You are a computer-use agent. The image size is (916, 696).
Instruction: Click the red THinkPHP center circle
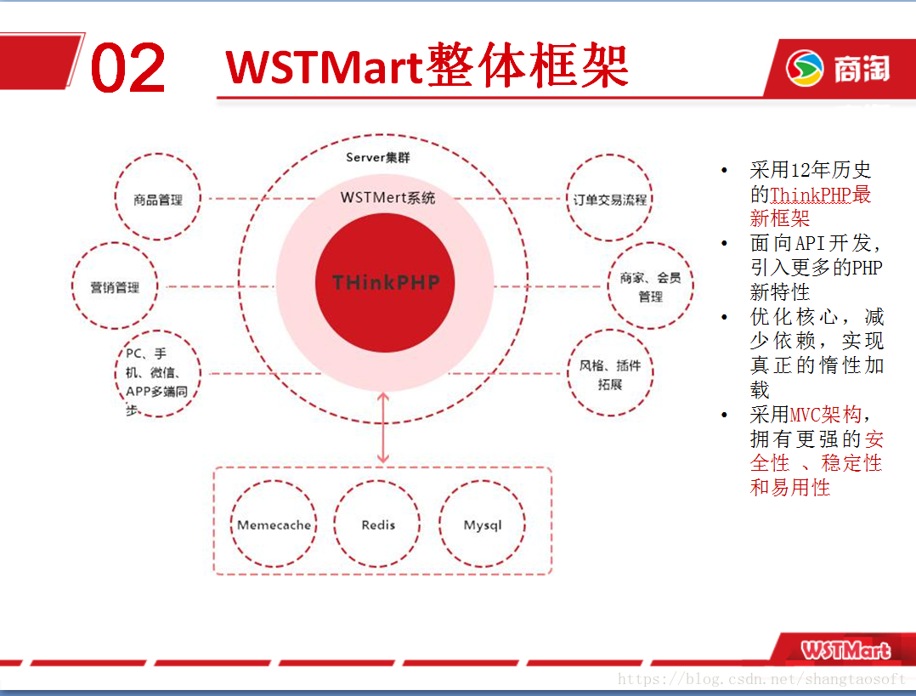point(385,283)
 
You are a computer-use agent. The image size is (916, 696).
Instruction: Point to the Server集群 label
point(378,157)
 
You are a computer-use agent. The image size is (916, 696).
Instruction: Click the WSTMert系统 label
point(387,197)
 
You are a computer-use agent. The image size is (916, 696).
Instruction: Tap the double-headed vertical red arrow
point(383,427)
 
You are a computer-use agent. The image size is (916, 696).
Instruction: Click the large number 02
point(128,67)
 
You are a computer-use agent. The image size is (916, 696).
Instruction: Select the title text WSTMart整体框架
point(427,65)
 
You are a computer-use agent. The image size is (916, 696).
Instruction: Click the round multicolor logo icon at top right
point(805,68)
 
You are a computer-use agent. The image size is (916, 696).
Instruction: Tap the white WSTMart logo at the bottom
point(846,650)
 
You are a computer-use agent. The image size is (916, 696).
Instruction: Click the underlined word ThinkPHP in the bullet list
point(811,195)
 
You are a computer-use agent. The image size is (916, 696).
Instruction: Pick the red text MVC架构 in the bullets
point(825,415)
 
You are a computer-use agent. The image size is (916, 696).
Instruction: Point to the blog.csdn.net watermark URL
point(761,678)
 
